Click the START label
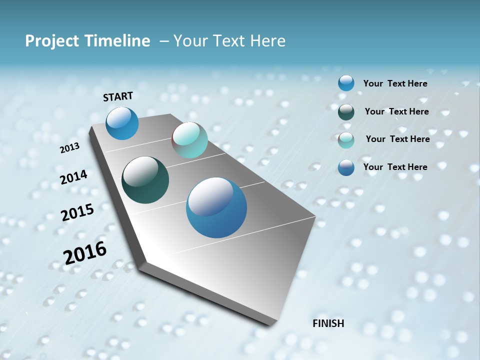pyautogui.click(x=118, y=96)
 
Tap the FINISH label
pyautogui.click(x=328, y=323)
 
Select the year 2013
pyautogui.click(x=69, y=148)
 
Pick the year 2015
pyautogui.click(x=77, y=212)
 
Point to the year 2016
pyautogui.click(x=85, y=253)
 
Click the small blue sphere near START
pyautogui.click(x=122, y=123)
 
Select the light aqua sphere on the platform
pyautogui.click(x=189, y=140)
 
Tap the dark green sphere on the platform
pyautogui.click(x=145, y=180)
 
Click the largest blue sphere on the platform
pyautogui.click(x=216, y=207)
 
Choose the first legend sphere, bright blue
pyautogui.click(x=346, y=83)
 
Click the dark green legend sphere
pyautogui.click(x=346, y=112)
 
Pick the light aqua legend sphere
pyautogui.click(x=346, y=140)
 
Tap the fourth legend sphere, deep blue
pyautogui.click(x=346, y=167)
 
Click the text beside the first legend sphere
pyautogui.click(x=395, y=83)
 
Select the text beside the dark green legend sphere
pyautogui.click(x=396, y=111)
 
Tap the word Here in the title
pyautogui.click(x=267, y=41)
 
